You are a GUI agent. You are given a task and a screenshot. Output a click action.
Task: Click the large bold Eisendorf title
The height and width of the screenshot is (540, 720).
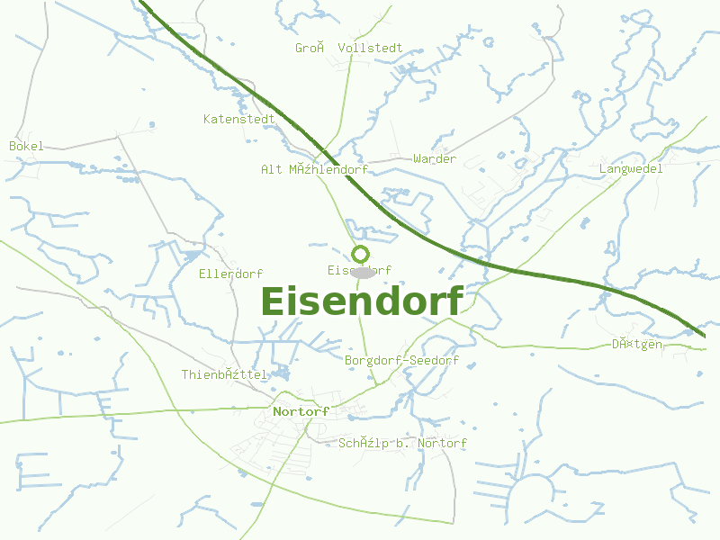click(x=362, y=301)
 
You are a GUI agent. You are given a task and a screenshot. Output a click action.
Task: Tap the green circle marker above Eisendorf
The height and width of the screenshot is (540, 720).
click(x=361, y=254)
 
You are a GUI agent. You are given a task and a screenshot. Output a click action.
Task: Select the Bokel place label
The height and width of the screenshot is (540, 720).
click(x=26, y=146)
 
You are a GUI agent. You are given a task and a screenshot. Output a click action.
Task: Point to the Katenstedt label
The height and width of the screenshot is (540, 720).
click(x=238, y=119)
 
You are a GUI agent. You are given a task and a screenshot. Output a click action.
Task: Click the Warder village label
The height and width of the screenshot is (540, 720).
click(x=435, y=159)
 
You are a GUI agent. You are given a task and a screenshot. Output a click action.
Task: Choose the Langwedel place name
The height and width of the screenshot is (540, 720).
click(x=631, y=168)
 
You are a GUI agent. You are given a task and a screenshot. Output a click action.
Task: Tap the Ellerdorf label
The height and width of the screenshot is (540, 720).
click(x=230, y=274)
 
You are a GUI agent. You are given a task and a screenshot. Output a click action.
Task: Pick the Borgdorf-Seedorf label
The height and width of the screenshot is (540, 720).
click(x=401, y=361)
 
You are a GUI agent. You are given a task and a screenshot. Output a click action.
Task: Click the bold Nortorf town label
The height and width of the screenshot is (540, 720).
click(x=301, y=411)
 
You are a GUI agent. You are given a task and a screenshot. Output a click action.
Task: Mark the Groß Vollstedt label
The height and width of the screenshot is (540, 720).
click(x=348, y=48)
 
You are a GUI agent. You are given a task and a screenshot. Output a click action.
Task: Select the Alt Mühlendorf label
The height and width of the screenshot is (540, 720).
click(x=314, y=169)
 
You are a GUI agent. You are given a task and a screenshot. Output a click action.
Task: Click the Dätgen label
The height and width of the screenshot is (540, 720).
click(x=637, y=344)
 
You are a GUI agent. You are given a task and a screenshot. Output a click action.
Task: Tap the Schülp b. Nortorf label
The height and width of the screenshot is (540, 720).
click(x=402, y=444)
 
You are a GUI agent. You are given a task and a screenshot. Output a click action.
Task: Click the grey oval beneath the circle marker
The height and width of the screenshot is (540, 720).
click(x=363, y=272)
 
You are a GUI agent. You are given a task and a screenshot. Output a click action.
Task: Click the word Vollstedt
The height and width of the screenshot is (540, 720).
click(x=370, y=48)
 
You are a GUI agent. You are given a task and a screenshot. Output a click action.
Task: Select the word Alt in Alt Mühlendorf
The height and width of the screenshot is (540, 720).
click(x=272, y=169)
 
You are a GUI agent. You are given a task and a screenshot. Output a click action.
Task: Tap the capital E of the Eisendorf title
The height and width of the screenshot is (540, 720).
click(x=274, y=301)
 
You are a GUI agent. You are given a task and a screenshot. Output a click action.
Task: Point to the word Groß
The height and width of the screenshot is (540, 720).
click(x=310, y=48)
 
